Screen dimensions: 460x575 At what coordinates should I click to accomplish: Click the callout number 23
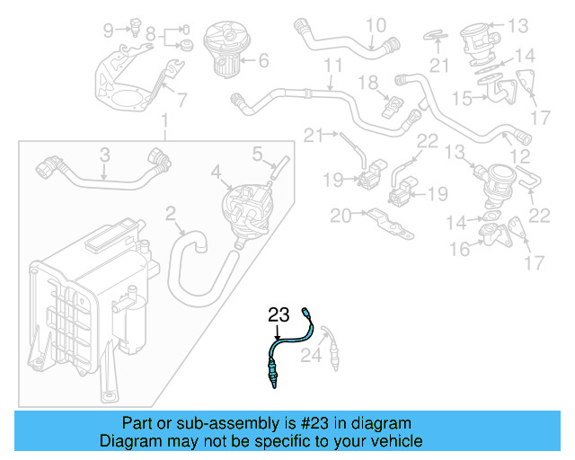coord(279,314)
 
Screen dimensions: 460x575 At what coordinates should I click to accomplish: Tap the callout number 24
coord(310,357)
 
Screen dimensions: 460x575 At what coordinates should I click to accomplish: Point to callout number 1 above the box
coord(164,121)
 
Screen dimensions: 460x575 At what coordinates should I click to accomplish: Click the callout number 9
coord(109,31)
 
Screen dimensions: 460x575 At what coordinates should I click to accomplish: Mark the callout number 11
coord(333,66)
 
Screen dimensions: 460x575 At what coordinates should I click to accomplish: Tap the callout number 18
coord(369,83)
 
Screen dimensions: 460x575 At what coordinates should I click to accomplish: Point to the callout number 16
coord(459,249)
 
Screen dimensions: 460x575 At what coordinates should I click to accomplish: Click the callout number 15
coord(463,96)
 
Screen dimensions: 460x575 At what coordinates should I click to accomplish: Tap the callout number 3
coord(104,155)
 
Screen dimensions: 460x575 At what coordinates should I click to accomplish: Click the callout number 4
coord(216,171)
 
